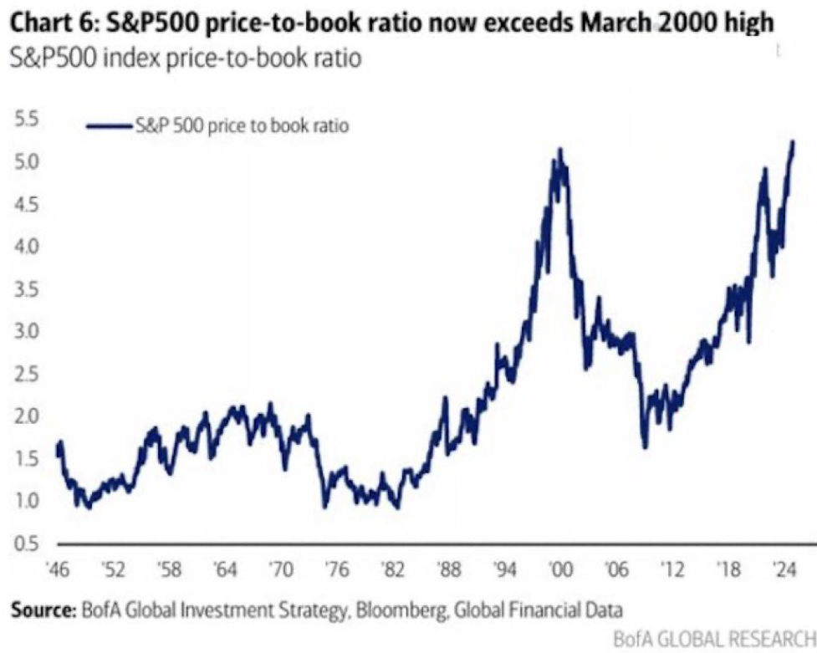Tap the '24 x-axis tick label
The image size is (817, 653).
[783, 571]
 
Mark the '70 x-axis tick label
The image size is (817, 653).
[280, 571]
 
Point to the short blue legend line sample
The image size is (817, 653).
[109, 126]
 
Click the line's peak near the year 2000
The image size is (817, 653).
[559, 149]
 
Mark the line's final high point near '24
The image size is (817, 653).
[792, 142]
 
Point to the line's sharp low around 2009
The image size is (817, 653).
[645, 447]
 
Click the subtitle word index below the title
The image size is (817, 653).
[109, 60]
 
